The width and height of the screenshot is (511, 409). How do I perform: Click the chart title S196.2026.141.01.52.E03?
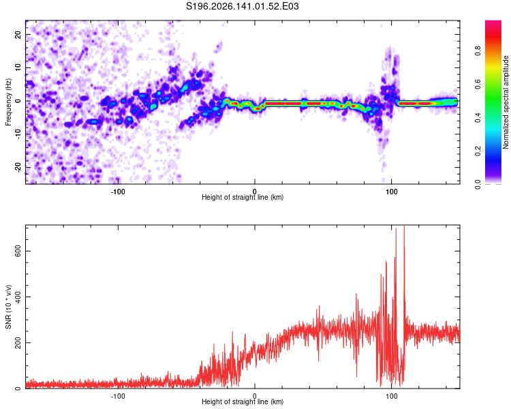242,6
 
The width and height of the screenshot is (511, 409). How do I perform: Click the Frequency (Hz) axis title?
8,102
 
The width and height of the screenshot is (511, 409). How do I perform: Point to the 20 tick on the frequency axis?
18,35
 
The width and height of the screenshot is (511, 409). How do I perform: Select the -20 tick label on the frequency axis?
18,168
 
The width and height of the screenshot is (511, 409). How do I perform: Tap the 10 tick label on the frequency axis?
18,68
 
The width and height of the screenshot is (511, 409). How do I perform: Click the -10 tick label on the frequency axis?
18,134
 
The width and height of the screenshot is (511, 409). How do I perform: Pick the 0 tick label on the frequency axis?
18,101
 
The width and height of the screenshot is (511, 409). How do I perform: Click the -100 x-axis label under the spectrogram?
118,192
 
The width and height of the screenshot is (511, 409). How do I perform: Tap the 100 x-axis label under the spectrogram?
391,192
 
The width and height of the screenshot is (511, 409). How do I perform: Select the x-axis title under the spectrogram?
243,197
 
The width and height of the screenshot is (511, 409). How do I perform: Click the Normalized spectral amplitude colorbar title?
506,102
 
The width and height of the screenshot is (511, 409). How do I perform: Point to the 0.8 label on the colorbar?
478,51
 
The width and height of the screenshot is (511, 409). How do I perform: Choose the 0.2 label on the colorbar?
478,151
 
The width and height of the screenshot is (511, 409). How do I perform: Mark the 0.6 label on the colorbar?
478,84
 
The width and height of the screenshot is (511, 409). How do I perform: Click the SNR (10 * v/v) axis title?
8,307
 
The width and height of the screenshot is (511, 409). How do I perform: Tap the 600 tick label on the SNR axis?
18,251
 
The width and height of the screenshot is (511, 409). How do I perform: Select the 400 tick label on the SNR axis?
18,297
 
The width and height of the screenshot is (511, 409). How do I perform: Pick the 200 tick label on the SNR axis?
18,342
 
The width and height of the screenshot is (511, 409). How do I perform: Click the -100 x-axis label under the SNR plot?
118,396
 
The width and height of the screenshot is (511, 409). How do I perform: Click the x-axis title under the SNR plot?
243,402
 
